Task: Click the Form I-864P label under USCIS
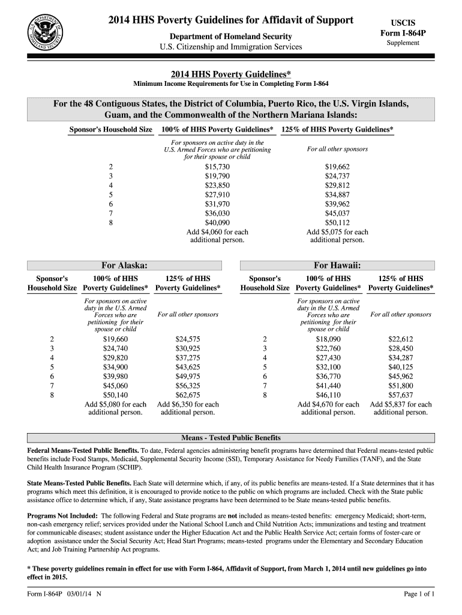coord(403,34)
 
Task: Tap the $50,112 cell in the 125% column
coord(337,222)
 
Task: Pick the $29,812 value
coord(337,185)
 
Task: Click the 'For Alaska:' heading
coord(125,265)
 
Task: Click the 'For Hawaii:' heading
coord(337,265)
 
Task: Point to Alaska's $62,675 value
coord(188,395)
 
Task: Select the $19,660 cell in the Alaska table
coord(115,339)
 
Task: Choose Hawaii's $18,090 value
coord(328,339)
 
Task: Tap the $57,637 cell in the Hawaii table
coord(400,395)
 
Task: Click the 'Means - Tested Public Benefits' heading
coord(230,437)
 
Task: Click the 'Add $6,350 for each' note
coord(188,404)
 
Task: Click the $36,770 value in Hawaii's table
coord(328,376)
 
